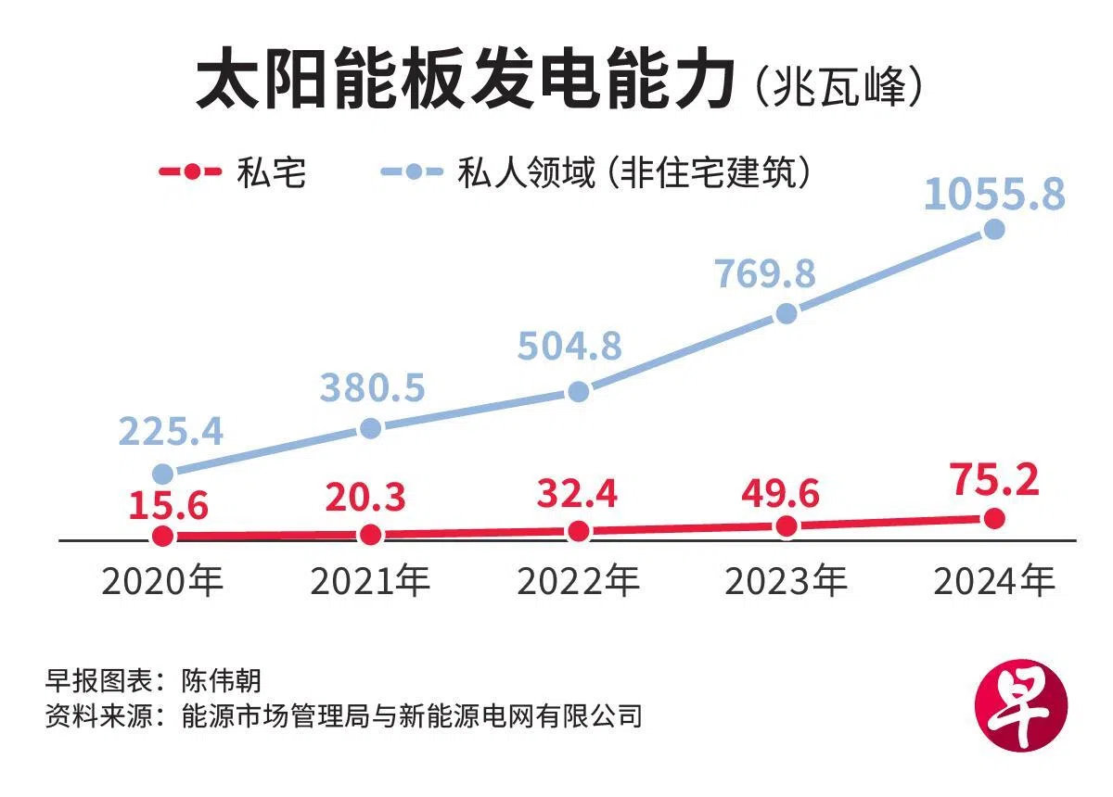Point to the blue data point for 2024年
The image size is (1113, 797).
(994, 229)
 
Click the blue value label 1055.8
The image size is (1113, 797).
(994, 196)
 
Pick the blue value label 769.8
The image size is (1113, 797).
(765, 273)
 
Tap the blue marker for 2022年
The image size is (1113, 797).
(578, 391)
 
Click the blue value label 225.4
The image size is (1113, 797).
(172, 431)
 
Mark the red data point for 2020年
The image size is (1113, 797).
(163, 536)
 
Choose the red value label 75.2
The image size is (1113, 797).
(994, 481)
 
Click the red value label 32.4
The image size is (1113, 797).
(577, 494)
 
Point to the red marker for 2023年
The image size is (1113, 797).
(787, 526)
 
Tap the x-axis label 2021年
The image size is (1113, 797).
(370, 582)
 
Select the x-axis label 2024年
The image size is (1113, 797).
(994, 582)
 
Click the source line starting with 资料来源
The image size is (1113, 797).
(343, 716)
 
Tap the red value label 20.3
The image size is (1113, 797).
(365, 498)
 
